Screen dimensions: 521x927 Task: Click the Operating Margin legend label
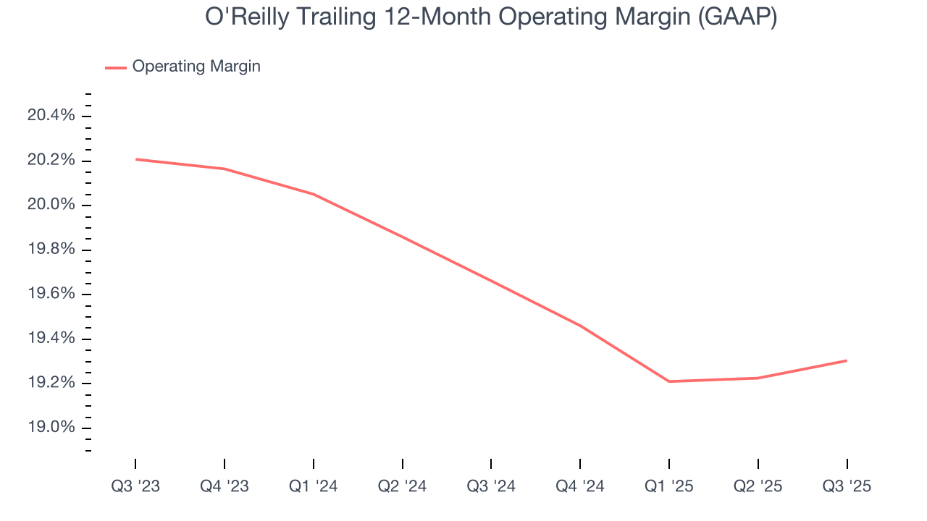point(196,67)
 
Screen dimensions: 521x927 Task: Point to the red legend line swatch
point(116,67)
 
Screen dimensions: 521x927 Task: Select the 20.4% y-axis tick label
point(51,116)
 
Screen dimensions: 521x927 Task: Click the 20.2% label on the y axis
point(51,161)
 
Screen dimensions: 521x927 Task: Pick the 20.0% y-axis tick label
point(51,206)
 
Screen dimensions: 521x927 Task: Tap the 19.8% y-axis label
point(51,250)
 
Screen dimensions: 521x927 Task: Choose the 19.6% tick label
point(51,295)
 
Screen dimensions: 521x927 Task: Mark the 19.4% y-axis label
point(51,339)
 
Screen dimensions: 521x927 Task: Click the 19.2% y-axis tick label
point(51,384)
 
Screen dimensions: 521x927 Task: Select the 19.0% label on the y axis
point(51,428)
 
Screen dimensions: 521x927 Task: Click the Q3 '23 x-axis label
point(135,486)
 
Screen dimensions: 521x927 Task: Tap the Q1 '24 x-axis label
point(314,486)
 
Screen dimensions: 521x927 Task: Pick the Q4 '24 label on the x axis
point(580,486)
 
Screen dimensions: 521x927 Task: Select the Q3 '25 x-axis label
point(847,486)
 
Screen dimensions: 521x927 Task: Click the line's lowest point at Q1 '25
point(669,381)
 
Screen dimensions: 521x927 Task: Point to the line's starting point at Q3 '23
point(135,159)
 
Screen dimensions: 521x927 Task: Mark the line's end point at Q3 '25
point(847,360)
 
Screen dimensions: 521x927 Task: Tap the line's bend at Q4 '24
point(580,326)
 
